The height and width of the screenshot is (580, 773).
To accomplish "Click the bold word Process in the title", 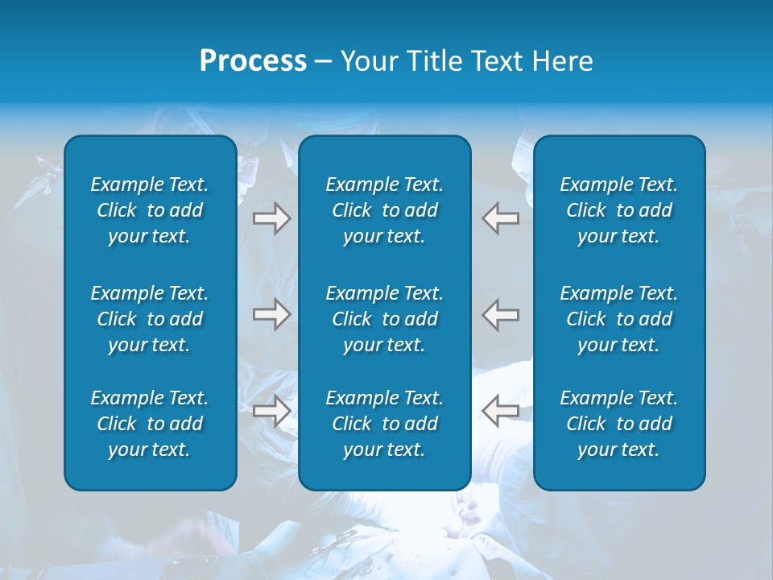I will click(253, 61).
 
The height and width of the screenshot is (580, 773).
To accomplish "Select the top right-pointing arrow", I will click(271, 218).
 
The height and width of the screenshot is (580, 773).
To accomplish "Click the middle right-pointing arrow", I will click(271, 314).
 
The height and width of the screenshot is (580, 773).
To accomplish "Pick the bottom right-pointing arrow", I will click(271, 411).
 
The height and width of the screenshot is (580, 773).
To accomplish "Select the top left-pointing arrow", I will click(500, 218).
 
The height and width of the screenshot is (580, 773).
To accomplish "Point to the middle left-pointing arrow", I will click(500, 314).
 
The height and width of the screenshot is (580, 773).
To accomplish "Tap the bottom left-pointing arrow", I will click(500, 411).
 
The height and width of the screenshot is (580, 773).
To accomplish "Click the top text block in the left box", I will click(150, 210).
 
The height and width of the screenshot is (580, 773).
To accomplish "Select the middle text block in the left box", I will click(150, 319).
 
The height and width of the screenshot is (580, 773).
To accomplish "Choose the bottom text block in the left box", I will click(150, 424).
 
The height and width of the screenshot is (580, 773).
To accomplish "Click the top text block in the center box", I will click(385, 210).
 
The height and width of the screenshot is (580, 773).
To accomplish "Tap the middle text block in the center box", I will click(385, 319).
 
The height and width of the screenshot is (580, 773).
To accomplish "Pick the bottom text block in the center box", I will click(385, 424).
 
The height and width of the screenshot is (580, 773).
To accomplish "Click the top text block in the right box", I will click(619, 210).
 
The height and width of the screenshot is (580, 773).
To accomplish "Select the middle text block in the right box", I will click(619, 319).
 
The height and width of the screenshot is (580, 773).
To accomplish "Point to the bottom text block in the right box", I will click(619, 424).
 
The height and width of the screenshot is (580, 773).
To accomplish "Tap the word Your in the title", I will click(367, 61).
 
